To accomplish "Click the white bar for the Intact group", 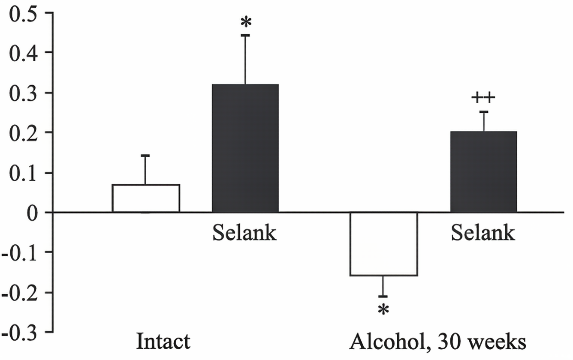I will (x=146, y=198).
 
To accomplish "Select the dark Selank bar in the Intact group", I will (x=245, y=148).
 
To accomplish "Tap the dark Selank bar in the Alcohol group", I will (x=483, y=172).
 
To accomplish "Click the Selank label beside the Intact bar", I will (x=244, y=233).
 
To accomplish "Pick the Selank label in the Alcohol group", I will (x=483, y=233).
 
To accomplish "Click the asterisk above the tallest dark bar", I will (x=245, y=22).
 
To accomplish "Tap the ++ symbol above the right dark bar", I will (x=483, y=98).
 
